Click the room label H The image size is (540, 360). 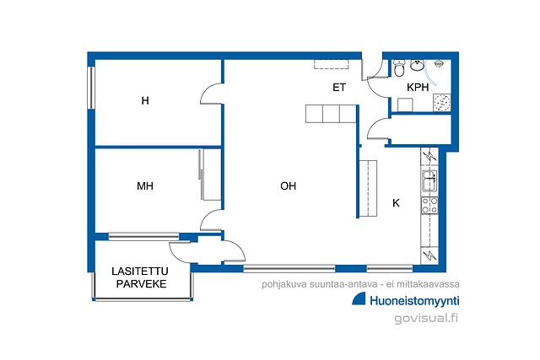pos(145,101)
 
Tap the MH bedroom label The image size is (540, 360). pos(145,186)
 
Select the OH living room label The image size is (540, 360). pos(289,186)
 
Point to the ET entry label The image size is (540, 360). pos(339,88)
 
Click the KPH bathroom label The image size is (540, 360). pos(418,88)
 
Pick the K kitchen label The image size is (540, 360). pos(396,203)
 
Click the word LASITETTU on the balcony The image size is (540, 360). pos(140,271)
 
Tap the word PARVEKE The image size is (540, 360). pos(141,284)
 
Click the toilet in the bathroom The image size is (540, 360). pos(399,67)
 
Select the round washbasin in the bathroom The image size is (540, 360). pos(417,65)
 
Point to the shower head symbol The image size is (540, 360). pos(439,64)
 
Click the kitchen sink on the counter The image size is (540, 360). pos(429,180)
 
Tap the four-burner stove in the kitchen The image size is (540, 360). pos(429,206)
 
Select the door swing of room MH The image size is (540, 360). pos(211,219)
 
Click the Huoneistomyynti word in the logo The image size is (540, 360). pos(414,301)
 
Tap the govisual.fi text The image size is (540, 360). pos(426,318)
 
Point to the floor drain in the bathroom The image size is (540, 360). pos(442,102)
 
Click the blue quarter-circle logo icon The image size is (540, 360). pos(359,299)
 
